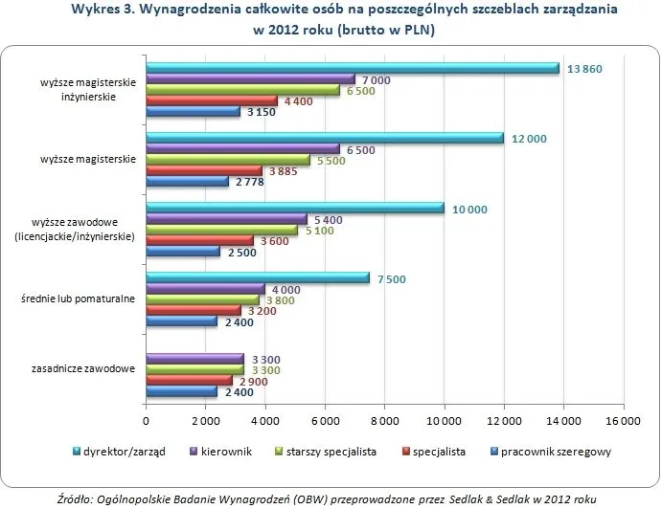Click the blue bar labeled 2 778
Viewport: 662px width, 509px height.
(x=187, y=182)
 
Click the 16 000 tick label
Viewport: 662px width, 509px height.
(x=622, y=420)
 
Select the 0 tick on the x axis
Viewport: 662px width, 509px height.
(x=146, y=420)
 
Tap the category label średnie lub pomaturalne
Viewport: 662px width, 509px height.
(x=79, y=299)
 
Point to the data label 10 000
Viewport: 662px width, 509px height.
(x=470, y=209)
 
